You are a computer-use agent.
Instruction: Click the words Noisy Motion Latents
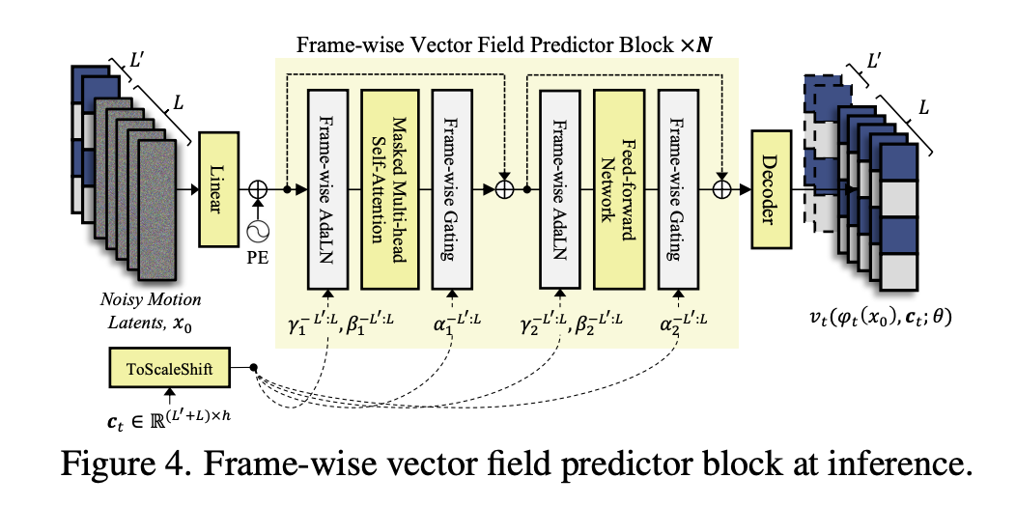pos(145,306)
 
